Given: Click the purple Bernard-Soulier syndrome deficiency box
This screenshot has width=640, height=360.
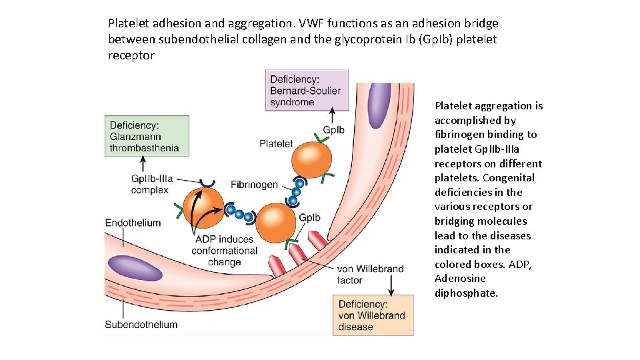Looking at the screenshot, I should (x=306, y=91).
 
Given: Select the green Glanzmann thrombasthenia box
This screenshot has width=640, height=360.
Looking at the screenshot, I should (x=146, y=136).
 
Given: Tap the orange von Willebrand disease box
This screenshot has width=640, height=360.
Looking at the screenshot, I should (x=372, y=315).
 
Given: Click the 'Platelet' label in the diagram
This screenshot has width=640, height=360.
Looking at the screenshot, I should (x=275, y=143).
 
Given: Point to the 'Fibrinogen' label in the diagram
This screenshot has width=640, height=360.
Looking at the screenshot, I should (x=254, y=184).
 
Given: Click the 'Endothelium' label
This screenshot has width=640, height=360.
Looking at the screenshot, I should (x=133, y=223).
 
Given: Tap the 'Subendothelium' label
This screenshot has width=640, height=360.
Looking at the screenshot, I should (x=141, y=325).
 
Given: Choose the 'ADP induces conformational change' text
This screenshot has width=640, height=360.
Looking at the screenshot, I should (x=224, y=251).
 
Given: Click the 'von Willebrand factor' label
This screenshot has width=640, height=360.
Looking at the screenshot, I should (x=370, y=275).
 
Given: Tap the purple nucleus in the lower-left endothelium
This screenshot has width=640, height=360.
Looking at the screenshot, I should (x=135, y=267).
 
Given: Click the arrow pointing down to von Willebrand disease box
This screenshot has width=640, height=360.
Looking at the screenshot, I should (x=391, y=287).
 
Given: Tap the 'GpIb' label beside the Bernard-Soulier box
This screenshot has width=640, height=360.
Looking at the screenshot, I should (x=333, y=129).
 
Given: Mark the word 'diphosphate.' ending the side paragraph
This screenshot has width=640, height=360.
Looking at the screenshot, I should (x=466, y=293).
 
